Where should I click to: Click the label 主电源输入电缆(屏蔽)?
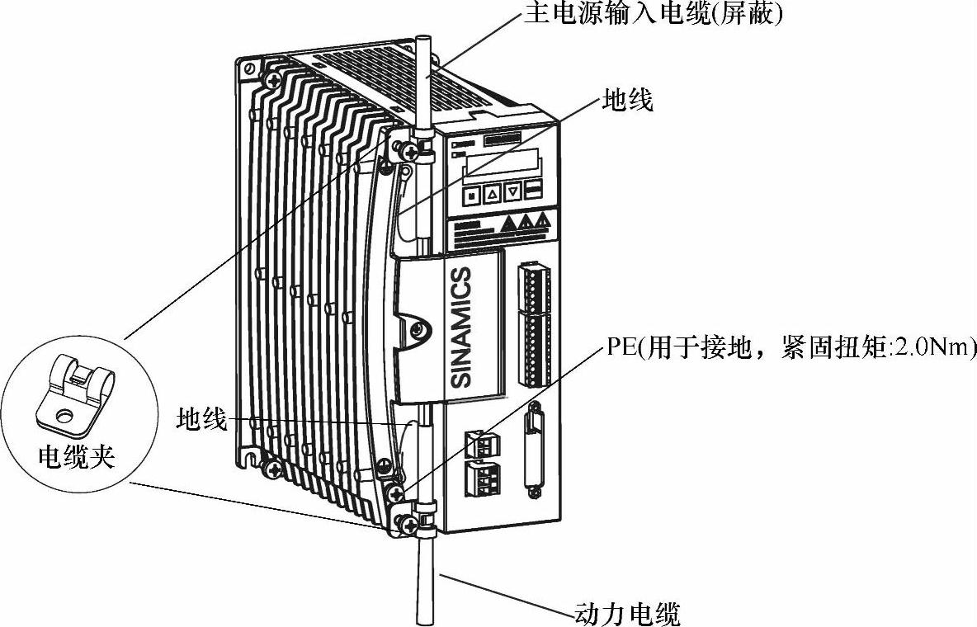[652, 16]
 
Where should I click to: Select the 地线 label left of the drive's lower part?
[201, 419]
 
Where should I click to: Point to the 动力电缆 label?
[626, 614]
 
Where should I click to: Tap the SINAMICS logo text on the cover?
[463, 327]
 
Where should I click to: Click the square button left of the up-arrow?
[471, 196]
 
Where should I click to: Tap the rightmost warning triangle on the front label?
[542, 221]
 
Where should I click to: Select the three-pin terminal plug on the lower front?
[479, 478]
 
